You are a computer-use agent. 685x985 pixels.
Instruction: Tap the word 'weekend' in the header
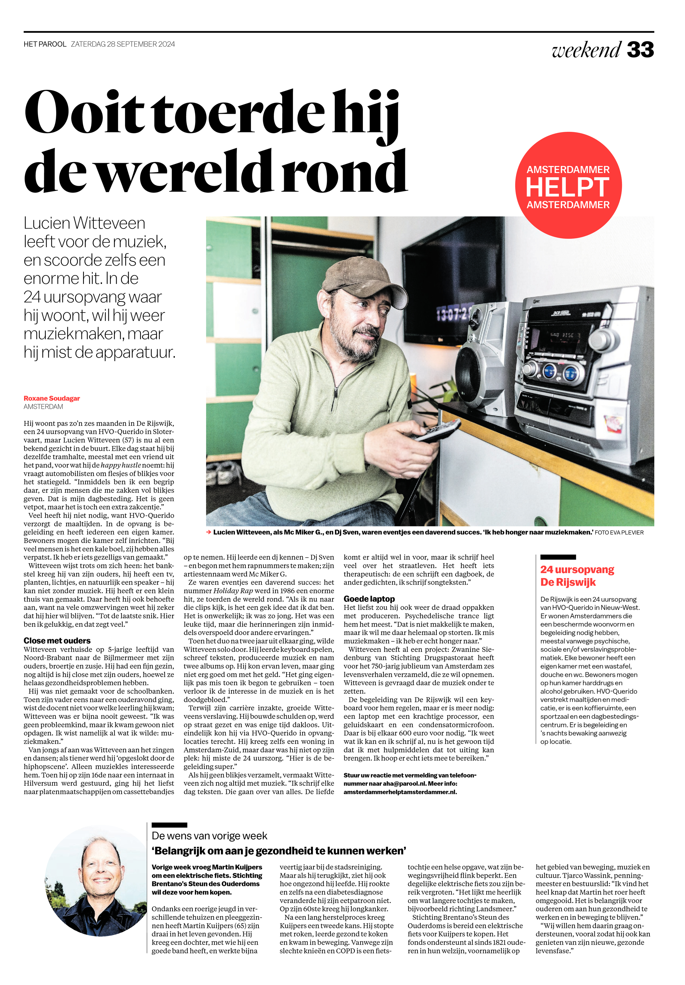point(586,50)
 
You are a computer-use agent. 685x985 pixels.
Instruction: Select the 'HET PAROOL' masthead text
point(45,44)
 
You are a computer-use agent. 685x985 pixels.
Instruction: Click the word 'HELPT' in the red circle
point(568,187)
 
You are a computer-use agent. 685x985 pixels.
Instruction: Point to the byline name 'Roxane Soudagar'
point(52,398)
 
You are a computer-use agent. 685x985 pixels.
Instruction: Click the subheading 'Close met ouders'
point(57,641)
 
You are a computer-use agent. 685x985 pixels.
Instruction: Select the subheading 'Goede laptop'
point(369,599)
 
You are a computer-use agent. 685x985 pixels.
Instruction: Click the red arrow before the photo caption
point(209,532)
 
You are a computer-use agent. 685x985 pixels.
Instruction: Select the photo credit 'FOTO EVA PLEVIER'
point(619,532)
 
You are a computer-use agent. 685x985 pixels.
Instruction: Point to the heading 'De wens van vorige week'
point(209,836)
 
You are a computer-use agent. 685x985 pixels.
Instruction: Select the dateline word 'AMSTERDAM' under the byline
point(43,407)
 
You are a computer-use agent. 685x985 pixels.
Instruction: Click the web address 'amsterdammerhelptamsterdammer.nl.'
point(400,792)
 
